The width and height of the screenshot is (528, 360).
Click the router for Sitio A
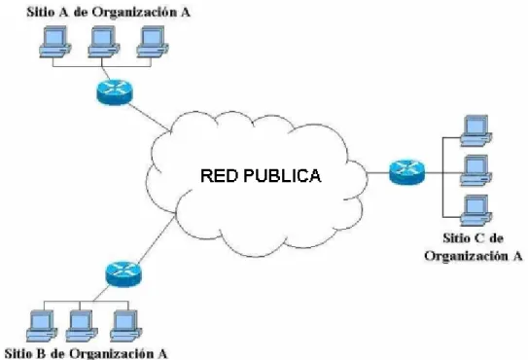tap(115, 92)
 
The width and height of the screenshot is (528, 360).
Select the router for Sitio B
tap(123, 274)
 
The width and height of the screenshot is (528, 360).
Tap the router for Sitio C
tap(406, 172)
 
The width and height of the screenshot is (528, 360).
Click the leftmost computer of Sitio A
tap(55, 42)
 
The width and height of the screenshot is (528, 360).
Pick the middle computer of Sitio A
tap(104, 42)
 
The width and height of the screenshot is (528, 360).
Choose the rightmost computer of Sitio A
tap(153, 42)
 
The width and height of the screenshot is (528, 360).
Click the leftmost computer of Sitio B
tap(42, 326)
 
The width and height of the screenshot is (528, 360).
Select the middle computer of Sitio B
tap(82, 326)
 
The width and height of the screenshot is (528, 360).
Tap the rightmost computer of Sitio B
tap(126, 326)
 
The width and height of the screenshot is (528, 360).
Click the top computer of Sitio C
tap(476, 130)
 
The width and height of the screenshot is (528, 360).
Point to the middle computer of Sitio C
tap(476, 170)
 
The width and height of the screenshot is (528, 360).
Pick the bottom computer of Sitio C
tap(476, 210)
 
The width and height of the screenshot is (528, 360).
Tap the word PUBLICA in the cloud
tap(282, 176)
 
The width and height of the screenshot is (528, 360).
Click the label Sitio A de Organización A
tap(109, 12)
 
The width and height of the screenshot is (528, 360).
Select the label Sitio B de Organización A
tap(86, 353)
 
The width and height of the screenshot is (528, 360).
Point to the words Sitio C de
tap(474, 238)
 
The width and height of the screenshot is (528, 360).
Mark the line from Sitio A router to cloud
tap(148, 117)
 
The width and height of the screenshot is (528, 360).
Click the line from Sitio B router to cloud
tap(157, 240)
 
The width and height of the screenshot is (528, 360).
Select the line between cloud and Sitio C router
tap(378, 173)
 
